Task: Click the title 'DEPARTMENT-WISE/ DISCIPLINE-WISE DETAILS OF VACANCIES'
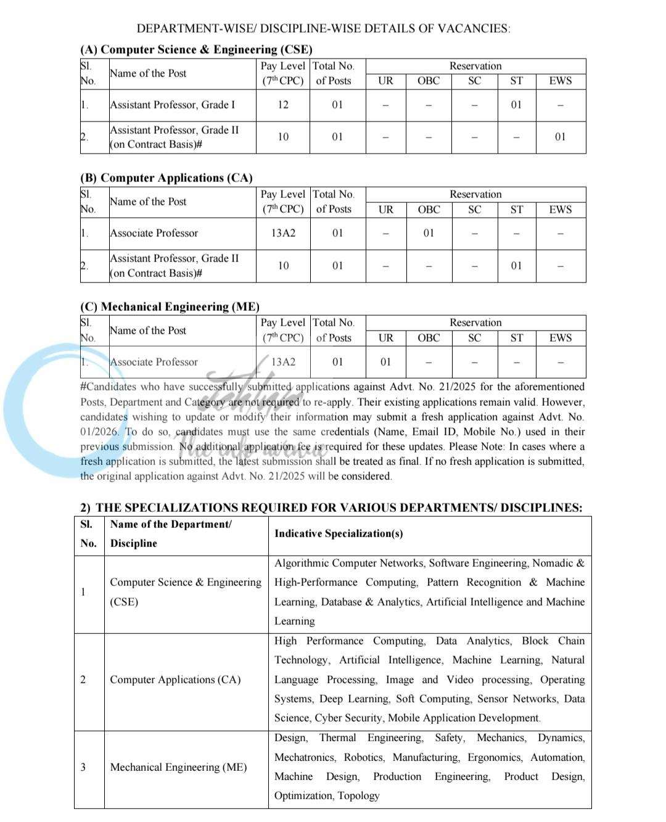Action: [323, 28]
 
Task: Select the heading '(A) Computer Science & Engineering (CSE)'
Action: [196, 49]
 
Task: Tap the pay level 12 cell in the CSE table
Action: [283, 105]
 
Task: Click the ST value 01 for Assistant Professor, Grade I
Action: [516, 105]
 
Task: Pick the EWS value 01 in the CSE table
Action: [560, 137]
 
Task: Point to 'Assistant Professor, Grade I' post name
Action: [172, 105]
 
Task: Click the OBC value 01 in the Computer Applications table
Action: [429, 233]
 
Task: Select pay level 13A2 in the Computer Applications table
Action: [283, 233]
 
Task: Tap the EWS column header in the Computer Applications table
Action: [560, 210]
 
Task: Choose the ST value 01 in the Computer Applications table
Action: [516, 266]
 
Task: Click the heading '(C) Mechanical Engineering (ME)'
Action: [170, 306]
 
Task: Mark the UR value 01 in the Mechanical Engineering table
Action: [385, 362]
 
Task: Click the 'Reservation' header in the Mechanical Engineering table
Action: [475, 323]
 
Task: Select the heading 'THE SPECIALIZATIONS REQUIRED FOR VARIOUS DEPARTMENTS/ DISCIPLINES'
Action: [338, 508]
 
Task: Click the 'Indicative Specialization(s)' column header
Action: [339, 533]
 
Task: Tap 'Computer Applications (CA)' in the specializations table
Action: [175, 680]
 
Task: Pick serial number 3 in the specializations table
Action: [83, 767]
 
